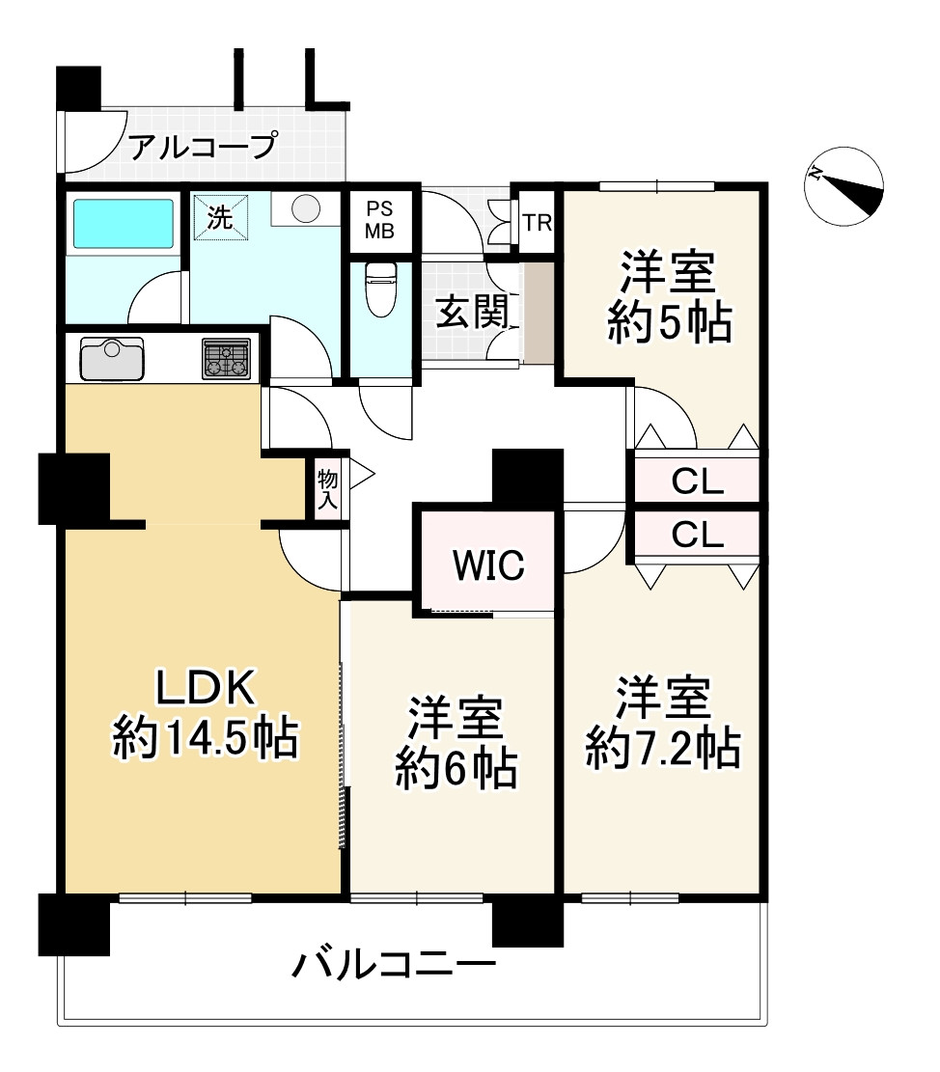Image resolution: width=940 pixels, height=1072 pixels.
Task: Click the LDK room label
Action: [x=206, y=689]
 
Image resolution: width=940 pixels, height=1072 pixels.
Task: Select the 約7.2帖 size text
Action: [x=664, y=749]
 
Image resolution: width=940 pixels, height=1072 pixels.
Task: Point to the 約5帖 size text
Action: [x=669, y=324]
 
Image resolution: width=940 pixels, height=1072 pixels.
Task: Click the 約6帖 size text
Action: [x=456, y=769]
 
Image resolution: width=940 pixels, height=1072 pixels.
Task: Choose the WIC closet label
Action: [x=489, y=565]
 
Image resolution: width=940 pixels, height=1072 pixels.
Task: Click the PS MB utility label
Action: [x=379, y=221]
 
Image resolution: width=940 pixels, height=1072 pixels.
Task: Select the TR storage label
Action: [x=537, y=223]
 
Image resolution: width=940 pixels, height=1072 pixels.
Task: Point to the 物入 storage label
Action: [x=327, y=488]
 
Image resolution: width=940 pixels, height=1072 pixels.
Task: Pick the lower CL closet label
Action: [x=697, y=535]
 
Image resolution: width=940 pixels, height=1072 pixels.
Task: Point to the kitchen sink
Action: [x=111, y=358]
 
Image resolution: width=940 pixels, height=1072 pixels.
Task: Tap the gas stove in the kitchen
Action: [x=227, y=359]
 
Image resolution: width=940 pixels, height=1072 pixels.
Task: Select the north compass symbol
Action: [x=845, y=185]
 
